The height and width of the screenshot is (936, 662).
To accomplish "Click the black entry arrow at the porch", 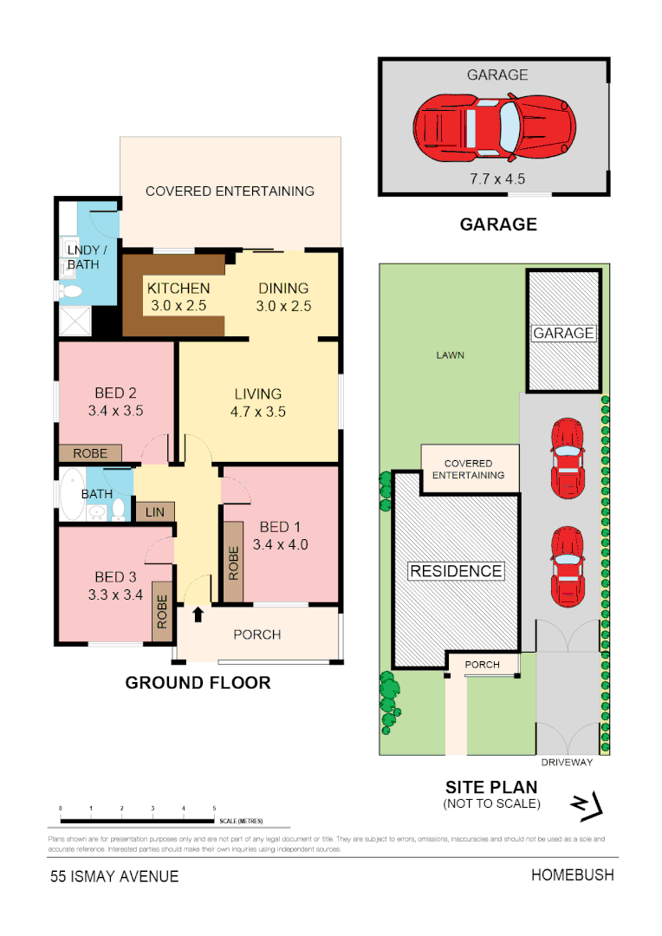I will coord(198,614).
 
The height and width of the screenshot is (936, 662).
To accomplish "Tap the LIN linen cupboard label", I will coord(155,512).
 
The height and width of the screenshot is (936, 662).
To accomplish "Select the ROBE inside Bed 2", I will coord(90,453).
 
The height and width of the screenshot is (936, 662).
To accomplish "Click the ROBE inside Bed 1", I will coord(233,562).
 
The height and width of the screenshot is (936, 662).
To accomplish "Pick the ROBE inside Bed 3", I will coord(163,611).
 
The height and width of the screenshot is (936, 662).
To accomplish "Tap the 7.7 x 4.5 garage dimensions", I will coord(497,179).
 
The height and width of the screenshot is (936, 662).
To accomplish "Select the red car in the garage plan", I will coord(494,128).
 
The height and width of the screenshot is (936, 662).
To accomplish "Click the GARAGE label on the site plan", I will coord(564,334).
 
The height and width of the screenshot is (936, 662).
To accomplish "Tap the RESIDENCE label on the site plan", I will coord(456,571).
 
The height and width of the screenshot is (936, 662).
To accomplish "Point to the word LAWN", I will coord(451,355).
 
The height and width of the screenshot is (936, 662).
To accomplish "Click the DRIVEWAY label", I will coord(567,763).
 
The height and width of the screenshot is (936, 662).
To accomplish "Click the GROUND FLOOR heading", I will coord(198,683).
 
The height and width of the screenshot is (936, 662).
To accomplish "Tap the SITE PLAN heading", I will coord(491,788).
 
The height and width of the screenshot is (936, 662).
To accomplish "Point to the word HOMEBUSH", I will coord(572,875).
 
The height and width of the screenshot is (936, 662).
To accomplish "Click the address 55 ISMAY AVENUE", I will coord(114,876).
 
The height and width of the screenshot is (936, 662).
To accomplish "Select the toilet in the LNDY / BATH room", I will coord(73,291).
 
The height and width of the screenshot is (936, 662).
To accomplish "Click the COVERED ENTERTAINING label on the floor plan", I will coord(230,192).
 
